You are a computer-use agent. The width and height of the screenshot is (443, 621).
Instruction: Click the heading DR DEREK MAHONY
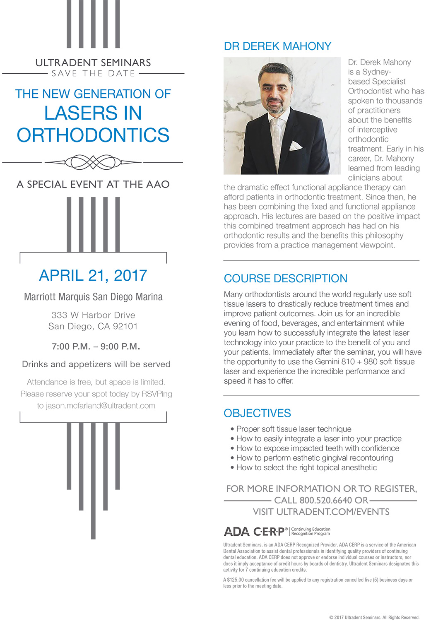277,46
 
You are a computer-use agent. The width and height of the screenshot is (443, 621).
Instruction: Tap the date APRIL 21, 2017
93,276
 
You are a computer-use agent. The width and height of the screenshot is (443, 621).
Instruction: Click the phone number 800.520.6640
325,501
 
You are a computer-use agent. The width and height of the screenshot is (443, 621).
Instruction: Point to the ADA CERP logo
255,532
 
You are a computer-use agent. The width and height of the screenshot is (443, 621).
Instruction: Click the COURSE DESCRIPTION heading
285,279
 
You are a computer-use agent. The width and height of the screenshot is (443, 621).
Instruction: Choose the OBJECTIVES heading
257,413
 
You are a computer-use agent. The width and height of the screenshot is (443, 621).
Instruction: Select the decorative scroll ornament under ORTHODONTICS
93,162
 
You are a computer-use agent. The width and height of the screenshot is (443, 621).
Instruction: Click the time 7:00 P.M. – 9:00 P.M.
96,347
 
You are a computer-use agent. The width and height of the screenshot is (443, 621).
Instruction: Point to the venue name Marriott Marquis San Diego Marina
93,297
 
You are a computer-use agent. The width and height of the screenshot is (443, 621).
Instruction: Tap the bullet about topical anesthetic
306,468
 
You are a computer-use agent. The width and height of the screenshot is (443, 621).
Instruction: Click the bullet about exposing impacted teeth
318,448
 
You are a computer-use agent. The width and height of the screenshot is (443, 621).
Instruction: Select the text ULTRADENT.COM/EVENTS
333,512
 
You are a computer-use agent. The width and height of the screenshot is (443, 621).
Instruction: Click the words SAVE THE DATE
93,74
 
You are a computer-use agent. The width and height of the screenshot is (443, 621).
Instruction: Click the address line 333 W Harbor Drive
93,315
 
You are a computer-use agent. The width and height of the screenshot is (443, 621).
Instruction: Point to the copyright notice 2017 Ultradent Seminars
374,617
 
